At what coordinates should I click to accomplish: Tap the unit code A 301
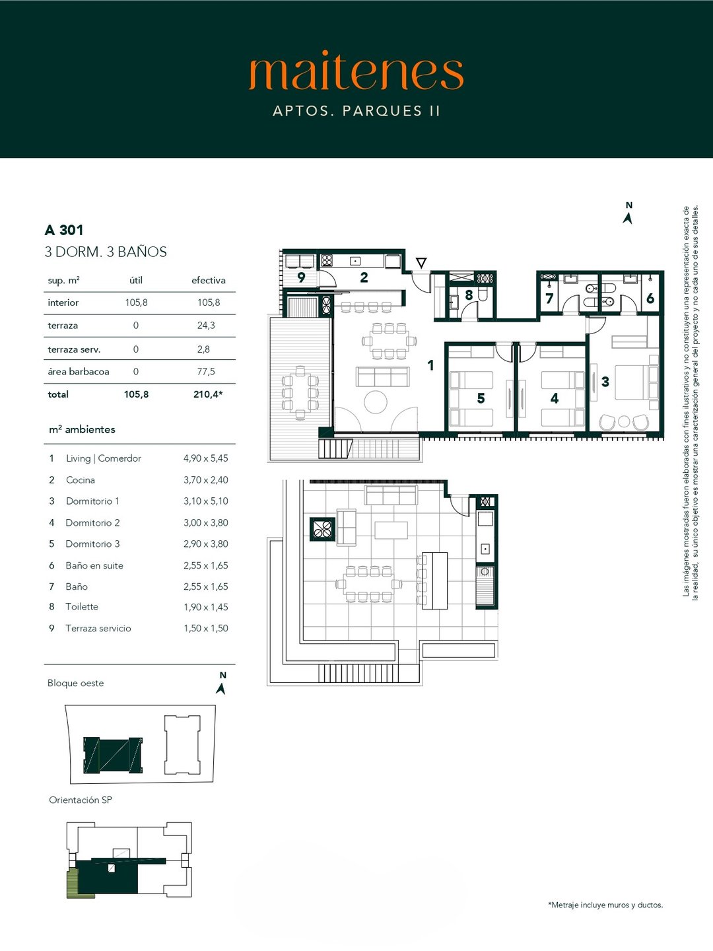(64, 230)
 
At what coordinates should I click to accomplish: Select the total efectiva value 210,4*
(208, 394)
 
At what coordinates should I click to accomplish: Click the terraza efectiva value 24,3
(205, 326)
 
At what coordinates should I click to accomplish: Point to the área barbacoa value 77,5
(205, 371)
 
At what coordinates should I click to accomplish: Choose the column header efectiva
(208, 280)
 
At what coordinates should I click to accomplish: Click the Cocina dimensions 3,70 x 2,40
(205, 479)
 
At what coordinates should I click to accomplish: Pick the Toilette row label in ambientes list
(82, 606)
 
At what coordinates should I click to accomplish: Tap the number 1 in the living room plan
(430, 365)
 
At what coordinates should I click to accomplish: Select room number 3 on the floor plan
(605, 382)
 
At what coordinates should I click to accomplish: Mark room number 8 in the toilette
(469, 295)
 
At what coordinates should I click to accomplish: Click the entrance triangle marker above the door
(421, 263)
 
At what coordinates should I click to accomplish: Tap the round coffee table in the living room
(376, 402)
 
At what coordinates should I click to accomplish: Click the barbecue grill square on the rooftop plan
(323, 530)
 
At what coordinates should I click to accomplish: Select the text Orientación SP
(81, 800)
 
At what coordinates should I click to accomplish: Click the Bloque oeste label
(76, 683)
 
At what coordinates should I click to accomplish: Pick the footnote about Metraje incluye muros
(605, 905)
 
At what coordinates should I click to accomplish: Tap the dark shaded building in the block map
(113, 756)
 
